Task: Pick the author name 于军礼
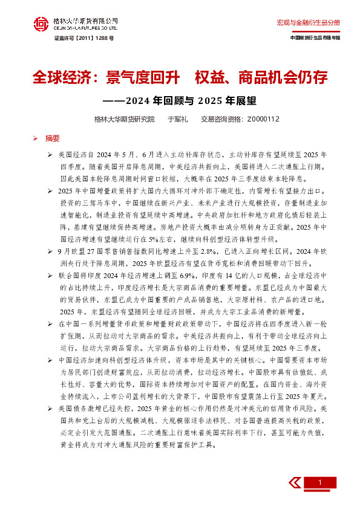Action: [178, 119]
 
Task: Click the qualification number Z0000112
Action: [263, 119]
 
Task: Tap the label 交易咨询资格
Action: [220, 119]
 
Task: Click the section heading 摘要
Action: [53, 138]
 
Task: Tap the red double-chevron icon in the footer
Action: [295, 482]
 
